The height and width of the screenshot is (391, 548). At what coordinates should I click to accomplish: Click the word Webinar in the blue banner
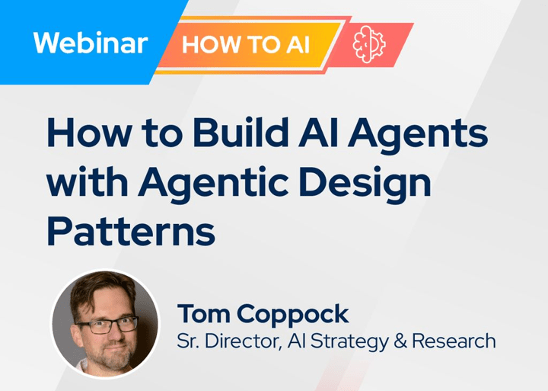(90, 43)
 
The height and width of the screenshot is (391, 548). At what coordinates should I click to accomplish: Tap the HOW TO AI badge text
(246, 44)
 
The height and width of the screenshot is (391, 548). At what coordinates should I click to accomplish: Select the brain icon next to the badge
(369, 42)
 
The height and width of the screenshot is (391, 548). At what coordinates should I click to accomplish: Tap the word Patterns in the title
(131, 229)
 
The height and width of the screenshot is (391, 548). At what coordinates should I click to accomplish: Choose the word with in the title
(84, 184)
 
